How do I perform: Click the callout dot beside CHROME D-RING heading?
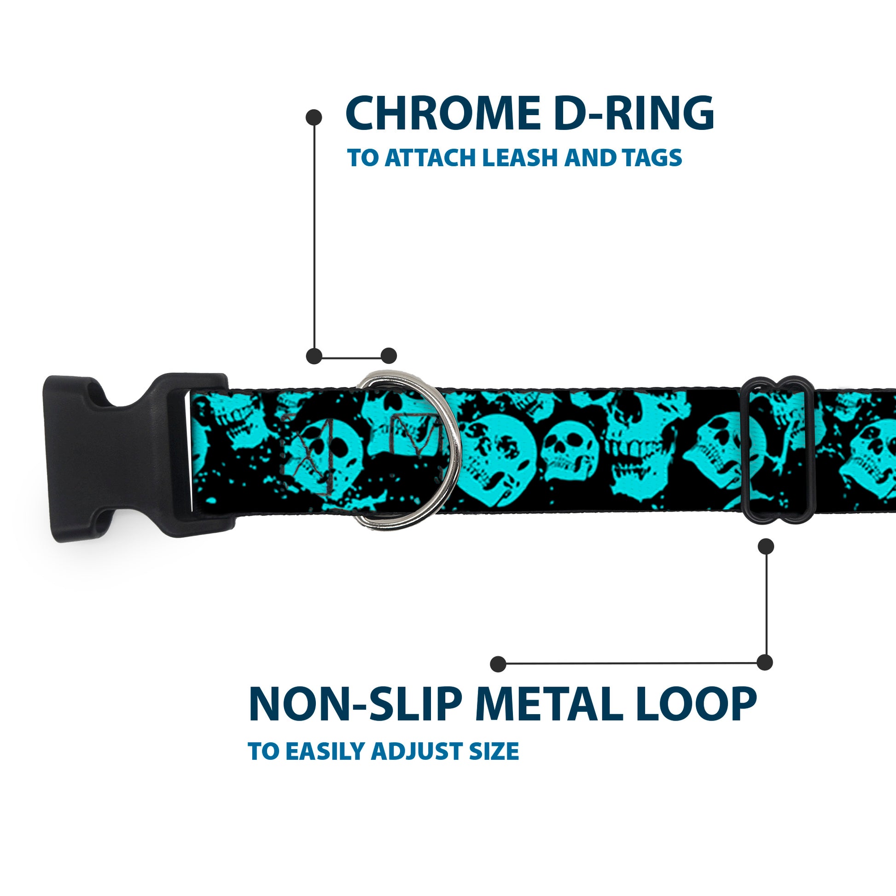(x=314, y=117)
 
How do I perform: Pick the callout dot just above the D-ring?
(x=389, y=356)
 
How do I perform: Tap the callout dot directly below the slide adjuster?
(x=766, y=547)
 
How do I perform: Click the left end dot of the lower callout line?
(x=498, y=664)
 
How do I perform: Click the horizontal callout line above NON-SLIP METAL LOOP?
(x=631, y=663)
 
